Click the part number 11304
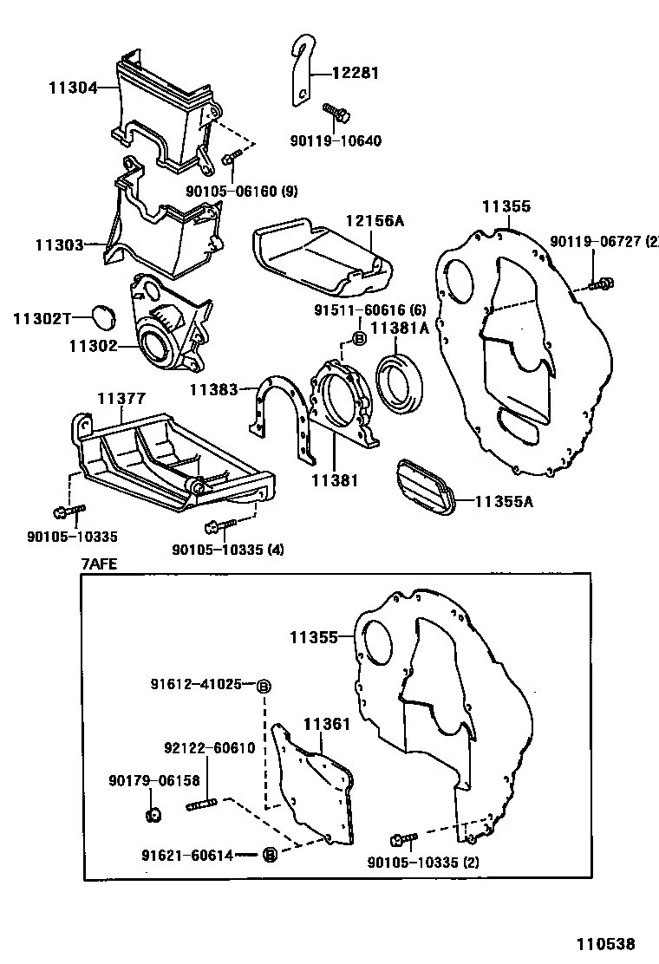pyautogui.click(x=70, y=87)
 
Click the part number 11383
pyautogui.click(x=213, y=391)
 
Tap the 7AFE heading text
pyautogui.click(x=99, y=563)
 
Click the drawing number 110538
pyautogui.click(x=608, y=943)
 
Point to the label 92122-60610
pyautogui.click(x=209, y=748)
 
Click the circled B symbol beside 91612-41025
pyautogui.click(x=264, y=687)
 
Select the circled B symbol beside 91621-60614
pyautogui.click(x=269, y=855)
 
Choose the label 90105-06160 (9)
pyautogui.click(x=241, y=191)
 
